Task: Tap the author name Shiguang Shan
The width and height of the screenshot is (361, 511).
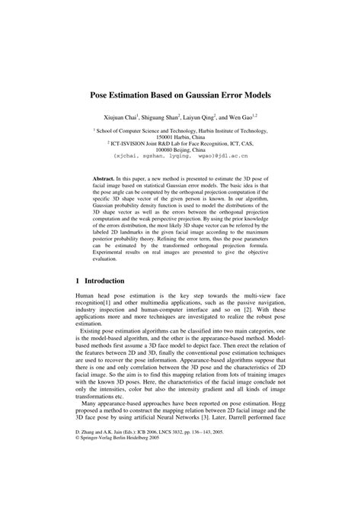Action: [x=165, y=120]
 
